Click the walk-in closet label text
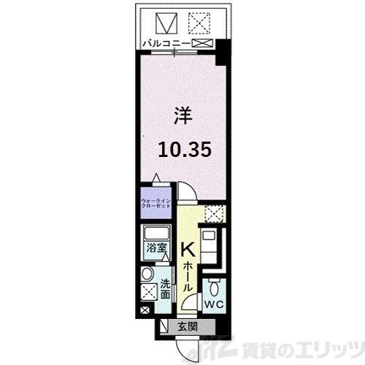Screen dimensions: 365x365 tap(155, 201)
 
